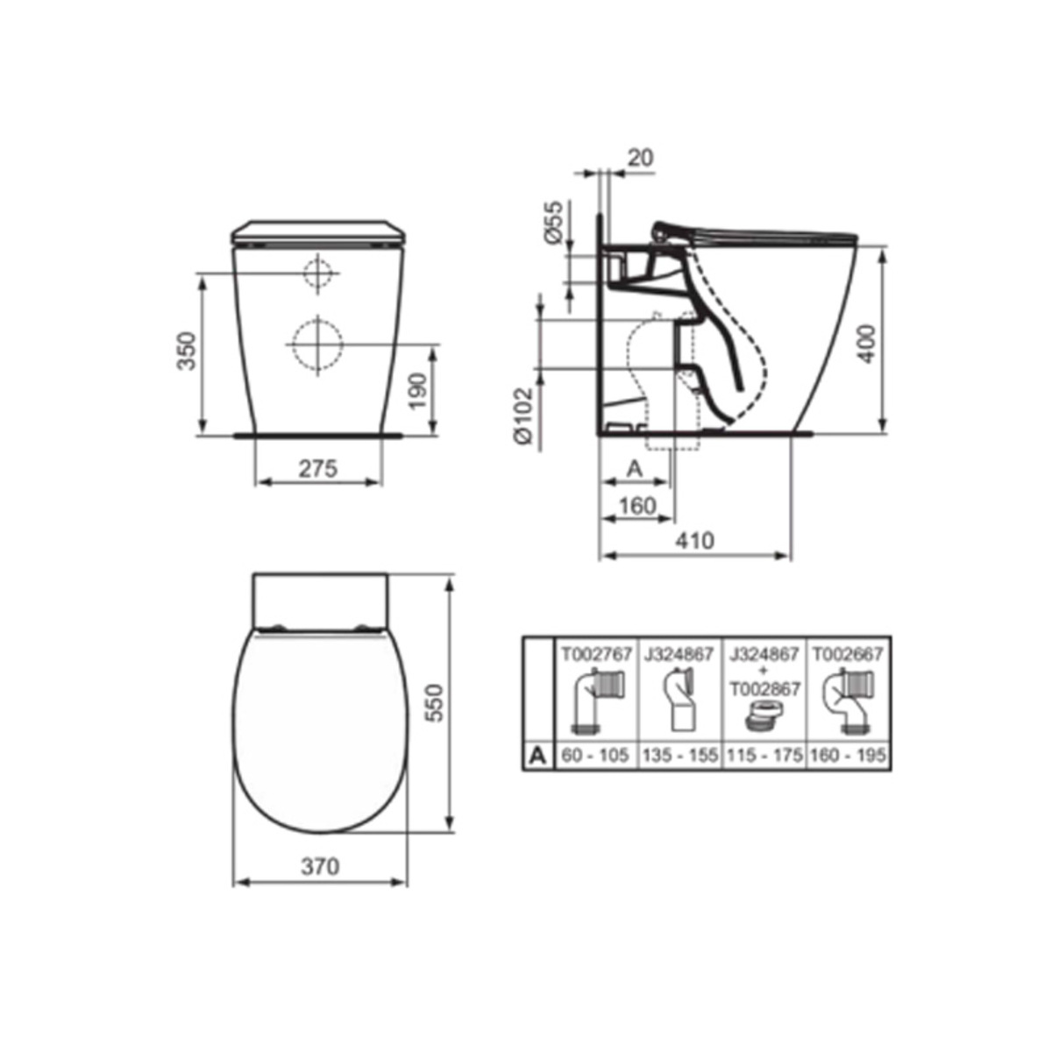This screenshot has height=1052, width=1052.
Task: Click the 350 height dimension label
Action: click(188, 351)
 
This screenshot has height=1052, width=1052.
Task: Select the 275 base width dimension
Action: click(318, 468)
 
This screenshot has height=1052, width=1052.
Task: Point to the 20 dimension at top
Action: click(640, 158)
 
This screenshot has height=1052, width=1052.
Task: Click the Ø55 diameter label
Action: click(553, 222)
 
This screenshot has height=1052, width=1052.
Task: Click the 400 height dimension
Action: click(867, 344)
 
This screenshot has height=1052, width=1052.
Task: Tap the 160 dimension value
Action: click(637, 506)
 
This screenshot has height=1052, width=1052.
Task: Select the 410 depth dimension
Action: click(694, 541)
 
